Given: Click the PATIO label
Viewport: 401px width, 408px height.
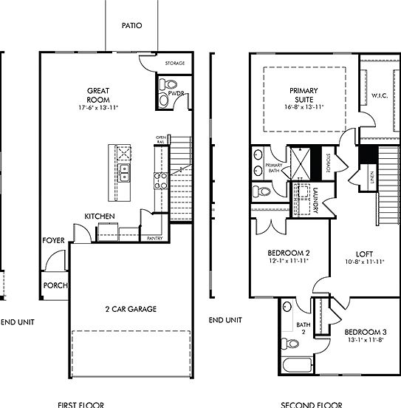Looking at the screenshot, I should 131,25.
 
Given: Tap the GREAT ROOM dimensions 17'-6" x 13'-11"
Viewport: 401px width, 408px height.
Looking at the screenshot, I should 98,108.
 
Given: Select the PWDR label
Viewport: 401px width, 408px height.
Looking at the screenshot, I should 175,95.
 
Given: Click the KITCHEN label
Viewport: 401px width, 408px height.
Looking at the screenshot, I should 99,216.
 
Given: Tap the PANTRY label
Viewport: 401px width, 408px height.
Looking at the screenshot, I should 154,239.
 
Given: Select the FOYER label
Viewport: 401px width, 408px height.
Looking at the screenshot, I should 52,240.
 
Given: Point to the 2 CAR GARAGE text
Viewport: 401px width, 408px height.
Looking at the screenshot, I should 130,309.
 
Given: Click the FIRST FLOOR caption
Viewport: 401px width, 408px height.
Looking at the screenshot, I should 80,404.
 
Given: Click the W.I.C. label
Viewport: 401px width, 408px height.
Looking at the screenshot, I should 380,95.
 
